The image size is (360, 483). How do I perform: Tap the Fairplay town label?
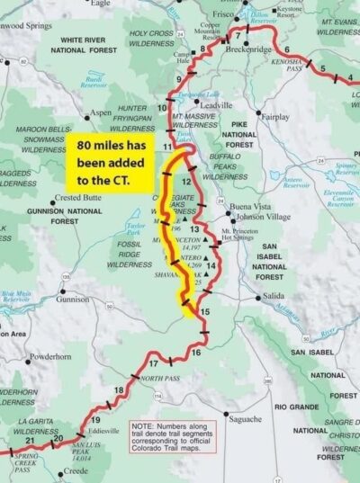(274, 117)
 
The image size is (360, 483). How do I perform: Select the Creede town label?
(75, 470)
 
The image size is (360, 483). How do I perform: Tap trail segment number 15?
(205, 312)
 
